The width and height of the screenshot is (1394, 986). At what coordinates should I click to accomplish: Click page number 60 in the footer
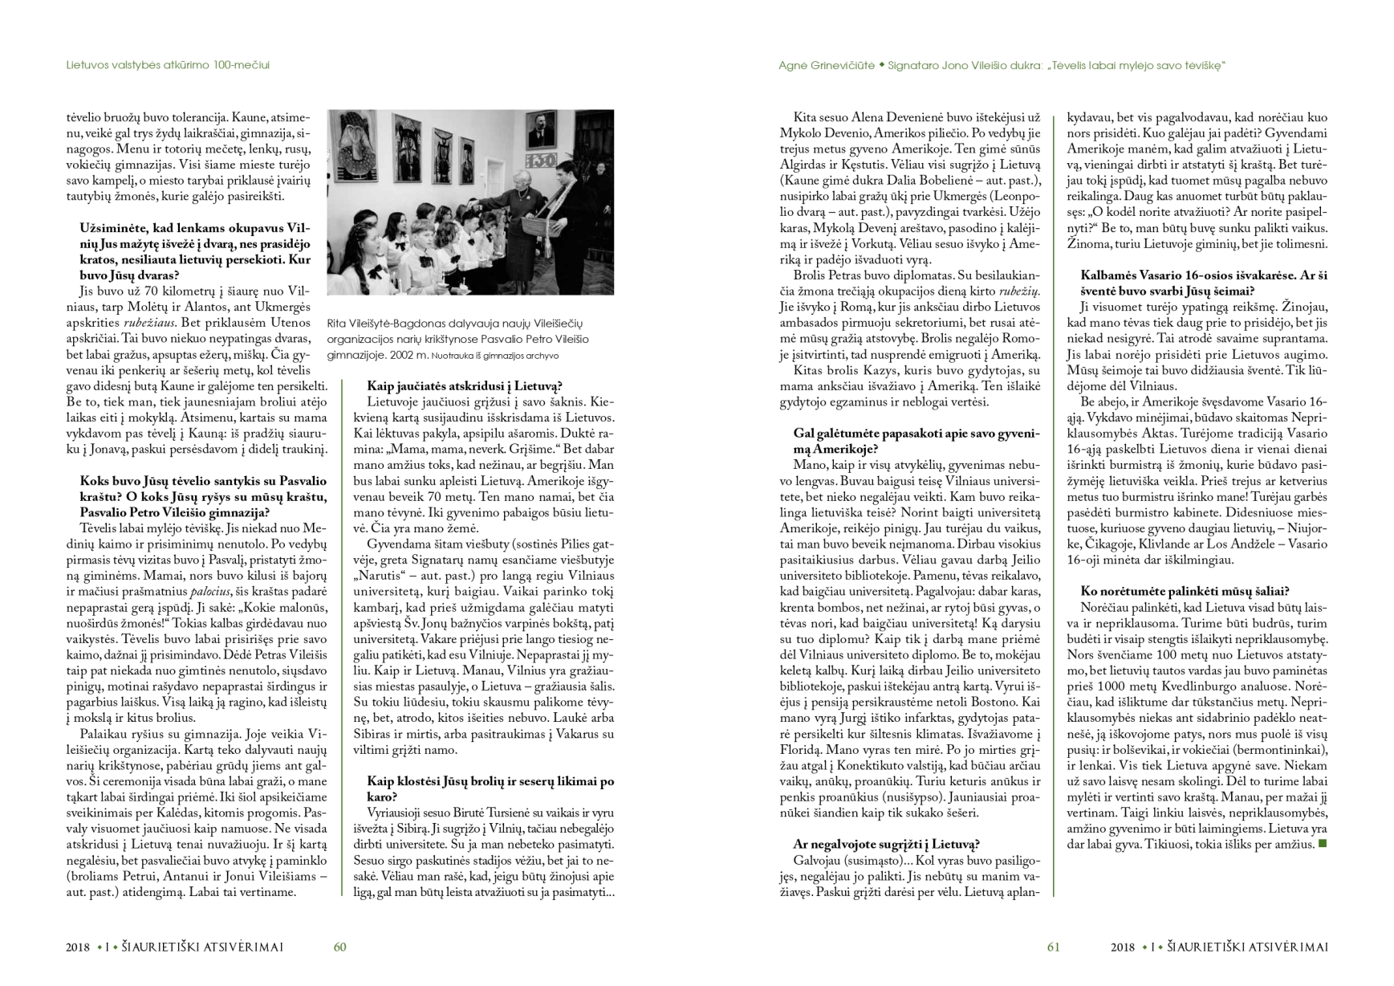pos(339,947)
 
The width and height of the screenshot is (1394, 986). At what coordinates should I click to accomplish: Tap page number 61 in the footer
pos(1053,947)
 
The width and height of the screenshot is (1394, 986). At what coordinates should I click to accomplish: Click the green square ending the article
pos(1323,844)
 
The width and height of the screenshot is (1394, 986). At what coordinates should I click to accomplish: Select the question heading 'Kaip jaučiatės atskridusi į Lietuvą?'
pos(465,385)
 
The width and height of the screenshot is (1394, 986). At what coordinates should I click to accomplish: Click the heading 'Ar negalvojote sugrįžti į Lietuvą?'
pos(886,844)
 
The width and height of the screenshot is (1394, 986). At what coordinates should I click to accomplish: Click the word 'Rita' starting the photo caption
pos(337,324)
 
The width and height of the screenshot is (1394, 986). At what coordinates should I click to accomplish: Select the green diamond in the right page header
pos(881,65)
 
